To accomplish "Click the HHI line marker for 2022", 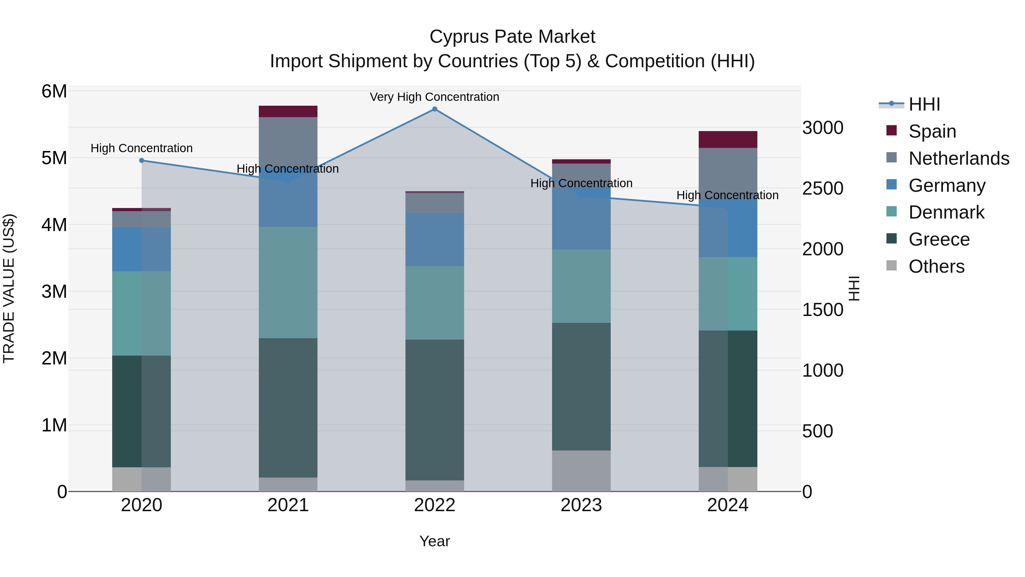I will tap(434, 109).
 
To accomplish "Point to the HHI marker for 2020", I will tap(142, 160).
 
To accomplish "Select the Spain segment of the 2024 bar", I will tap(728, 139).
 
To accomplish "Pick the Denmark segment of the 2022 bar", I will tap(434, 303).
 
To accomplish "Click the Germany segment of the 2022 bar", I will tap(434, 239).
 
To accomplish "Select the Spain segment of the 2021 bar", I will tap(288, 111).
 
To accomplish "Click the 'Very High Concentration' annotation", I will tap(434, 97).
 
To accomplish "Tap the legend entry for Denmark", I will tap(946, 212).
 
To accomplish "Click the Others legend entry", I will tap(936, 266).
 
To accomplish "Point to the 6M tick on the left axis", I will tap(54, 91).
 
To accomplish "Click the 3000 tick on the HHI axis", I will tap(823, 128).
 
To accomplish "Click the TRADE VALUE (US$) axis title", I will tap(9, 288).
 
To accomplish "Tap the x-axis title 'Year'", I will tap(434, 541).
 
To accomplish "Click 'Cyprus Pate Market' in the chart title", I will tap(512, 37).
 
